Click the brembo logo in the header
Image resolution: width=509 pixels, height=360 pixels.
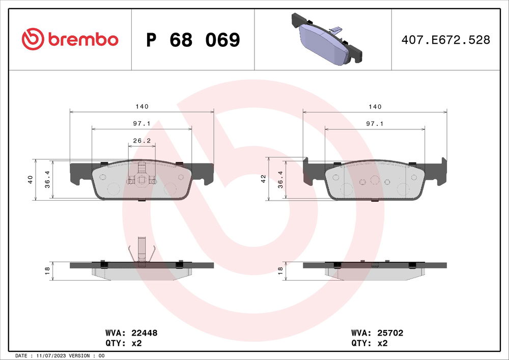tap(70, 39)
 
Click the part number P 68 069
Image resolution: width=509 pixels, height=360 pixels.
tap(192, 40)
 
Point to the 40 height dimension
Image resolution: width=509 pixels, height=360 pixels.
tap(31, 179)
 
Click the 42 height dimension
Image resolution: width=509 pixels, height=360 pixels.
tap(264, 179)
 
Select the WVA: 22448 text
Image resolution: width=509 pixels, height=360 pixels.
tap(131, 333)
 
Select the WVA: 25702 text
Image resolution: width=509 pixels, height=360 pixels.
tap(377, 333)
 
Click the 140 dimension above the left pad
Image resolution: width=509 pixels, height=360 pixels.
tap(142, 106)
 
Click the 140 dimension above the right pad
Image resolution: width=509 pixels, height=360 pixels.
tap(375, 106)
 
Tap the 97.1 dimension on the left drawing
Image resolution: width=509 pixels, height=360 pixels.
tap(142, 124)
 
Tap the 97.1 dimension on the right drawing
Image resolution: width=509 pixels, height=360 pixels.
tap(375, 124)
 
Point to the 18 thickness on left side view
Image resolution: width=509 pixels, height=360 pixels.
tap(47, 271)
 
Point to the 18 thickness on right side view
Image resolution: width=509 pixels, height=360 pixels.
tap(280, 271)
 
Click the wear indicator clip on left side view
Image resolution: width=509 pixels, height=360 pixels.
tap(142, 251)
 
